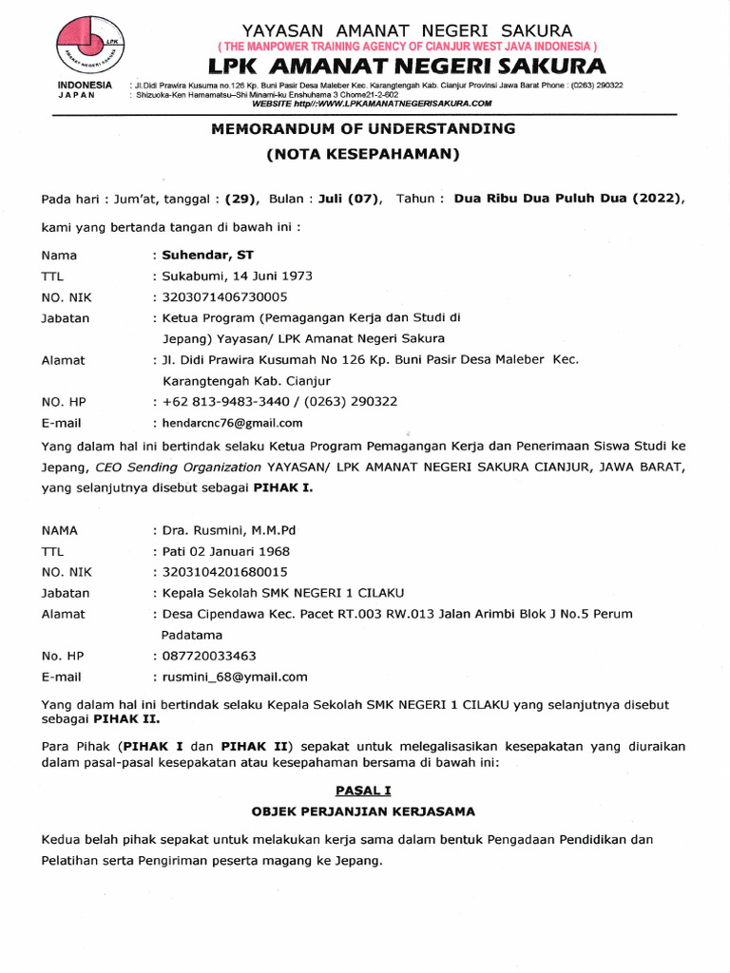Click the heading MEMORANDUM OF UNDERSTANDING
point(363,128)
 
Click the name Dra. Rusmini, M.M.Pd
point(229,530)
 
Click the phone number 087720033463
point(209,656)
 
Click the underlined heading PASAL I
point(363,790)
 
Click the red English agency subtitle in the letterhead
point(407,47)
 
